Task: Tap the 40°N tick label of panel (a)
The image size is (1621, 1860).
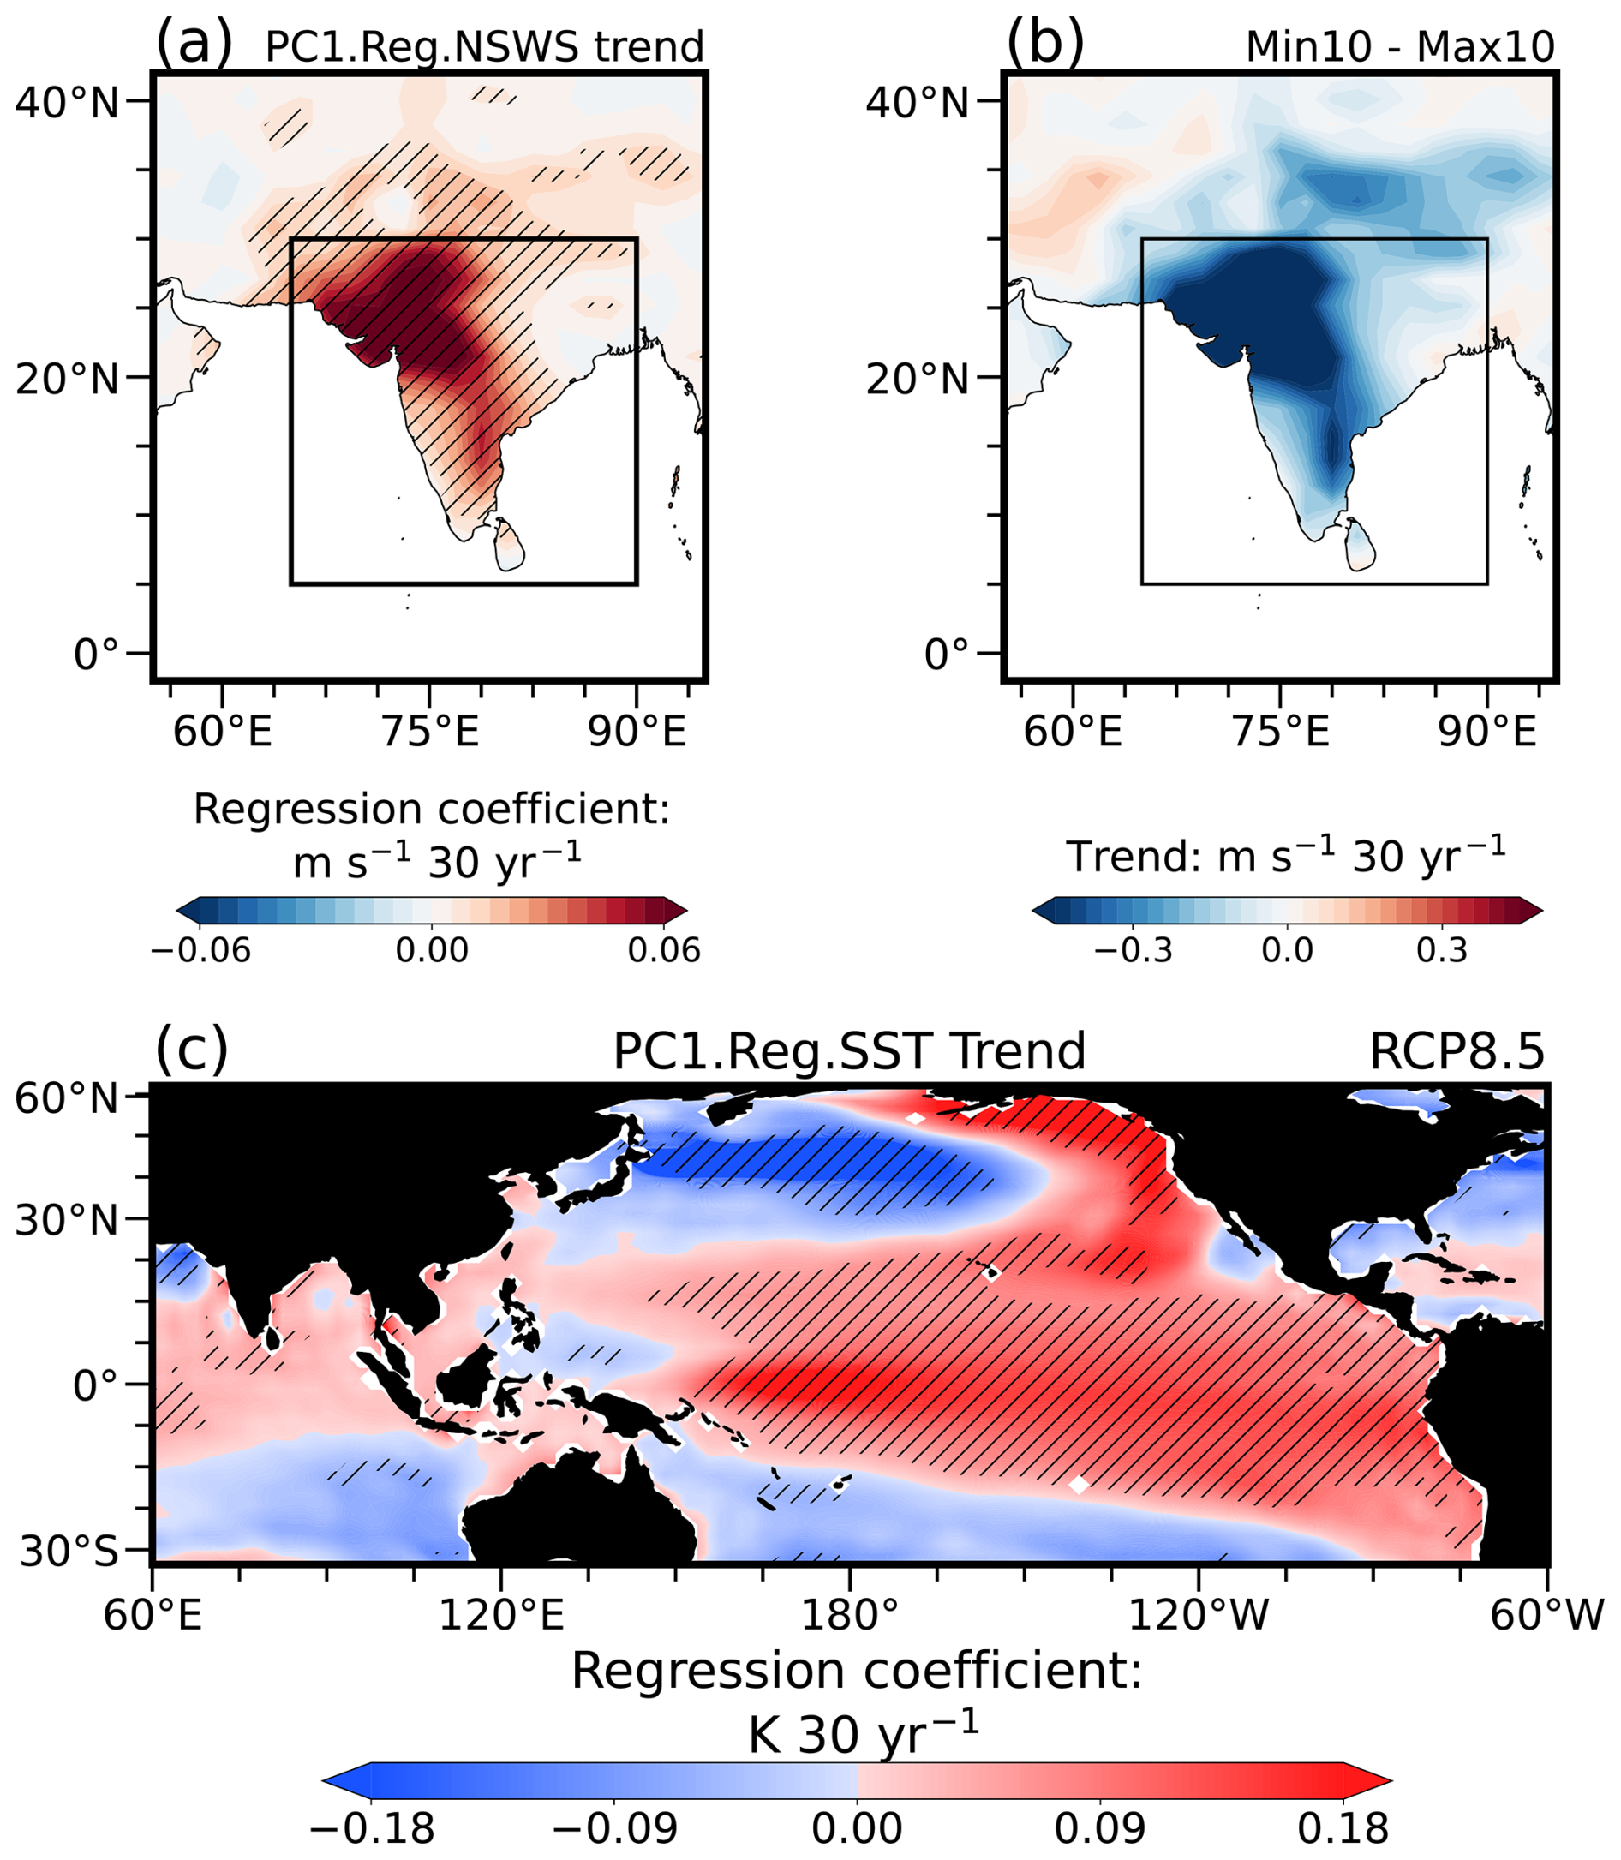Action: [68, 103]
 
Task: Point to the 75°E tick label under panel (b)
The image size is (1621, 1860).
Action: [1281, 731]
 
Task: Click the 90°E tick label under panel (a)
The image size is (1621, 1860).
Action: [637, 731]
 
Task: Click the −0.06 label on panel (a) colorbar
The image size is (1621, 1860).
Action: [200, 951]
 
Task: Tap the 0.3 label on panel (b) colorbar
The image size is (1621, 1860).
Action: [1442, 951]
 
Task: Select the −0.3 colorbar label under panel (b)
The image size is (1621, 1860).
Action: [1133, 951]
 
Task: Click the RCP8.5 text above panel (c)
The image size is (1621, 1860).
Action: [1457, 1052]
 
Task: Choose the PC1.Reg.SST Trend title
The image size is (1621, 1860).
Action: [848, 1052]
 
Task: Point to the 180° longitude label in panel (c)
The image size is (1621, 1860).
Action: [849, 1614]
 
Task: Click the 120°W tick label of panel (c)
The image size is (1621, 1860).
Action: [1198, 1614]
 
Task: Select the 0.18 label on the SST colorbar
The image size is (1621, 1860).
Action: [1343, 1828]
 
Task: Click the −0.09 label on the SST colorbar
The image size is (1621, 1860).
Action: [615, 1828]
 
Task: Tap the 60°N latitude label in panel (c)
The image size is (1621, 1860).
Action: [68, 1099]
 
